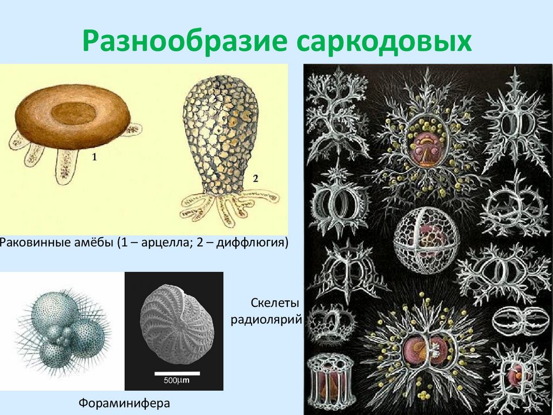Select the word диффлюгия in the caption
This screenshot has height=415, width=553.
[250, 242]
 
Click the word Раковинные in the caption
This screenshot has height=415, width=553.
[33, 242]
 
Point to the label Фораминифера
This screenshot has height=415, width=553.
[124, 403]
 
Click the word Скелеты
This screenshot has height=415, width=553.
[275, 301]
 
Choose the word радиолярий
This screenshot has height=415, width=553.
[265, 318]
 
